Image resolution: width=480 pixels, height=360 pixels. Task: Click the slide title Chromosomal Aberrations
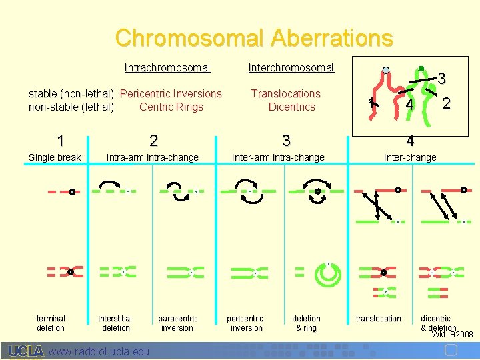tap(253, 38)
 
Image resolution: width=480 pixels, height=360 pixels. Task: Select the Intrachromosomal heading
tap(167, 67)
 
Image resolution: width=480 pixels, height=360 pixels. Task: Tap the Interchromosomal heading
tap(291, 67)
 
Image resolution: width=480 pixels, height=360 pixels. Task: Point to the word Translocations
tap(285, 93)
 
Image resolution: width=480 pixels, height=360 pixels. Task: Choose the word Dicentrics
tap(291, 107)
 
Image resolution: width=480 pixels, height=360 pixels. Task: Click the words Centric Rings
tap(171, 107)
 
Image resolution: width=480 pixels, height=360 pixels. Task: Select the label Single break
tap(55, 157)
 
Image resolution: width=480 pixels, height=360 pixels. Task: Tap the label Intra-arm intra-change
tap(153, 157)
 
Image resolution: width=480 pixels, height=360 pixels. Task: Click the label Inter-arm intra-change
tap(277, 157)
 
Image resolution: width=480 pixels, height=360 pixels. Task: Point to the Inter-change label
tap(409, 157)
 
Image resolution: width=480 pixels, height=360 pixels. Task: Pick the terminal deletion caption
tap(51, 323)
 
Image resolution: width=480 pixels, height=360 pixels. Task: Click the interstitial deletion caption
tap(115, 323)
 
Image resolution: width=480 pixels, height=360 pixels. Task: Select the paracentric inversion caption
tap(177, 323)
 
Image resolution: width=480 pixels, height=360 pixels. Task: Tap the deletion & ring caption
tap(306, 323)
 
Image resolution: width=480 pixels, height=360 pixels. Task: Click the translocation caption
tap(379, 319)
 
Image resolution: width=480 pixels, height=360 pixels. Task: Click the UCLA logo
tap(26, 351)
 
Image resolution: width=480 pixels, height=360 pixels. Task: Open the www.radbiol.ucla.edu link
tap(99, 351)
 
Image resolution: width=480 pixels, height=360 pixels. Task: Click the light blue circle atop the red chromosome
tap(385, 70)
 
